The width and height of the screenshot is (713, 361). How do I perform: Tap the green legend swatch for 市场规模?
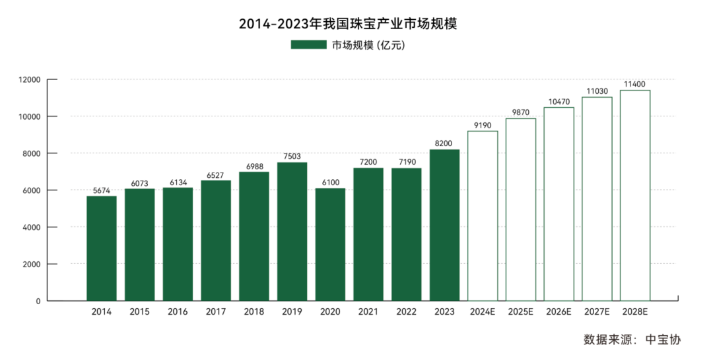[x=308, y=45]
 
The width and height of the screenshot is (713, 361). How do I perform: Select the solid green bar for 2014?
[x=102, y=248]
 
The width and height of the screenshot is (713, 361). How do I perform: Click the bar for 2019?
[x=292, y=231]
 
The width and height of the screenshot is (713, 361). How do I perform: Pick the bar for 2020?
[x=330, y=245]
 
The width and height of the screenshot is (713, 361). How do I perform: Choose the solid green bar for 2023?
[x=444, y=225]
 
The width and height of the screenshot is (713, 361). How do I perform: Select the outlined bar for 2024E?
[x=483, y=216]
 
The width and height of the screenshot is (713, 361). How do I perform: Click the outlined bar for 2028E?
[x=635, y=195]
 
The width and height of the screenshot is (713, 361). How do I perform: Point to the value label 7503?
[x=292, y=157]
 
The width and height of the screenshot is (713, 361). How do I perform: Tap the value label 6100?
[x=330, y=182]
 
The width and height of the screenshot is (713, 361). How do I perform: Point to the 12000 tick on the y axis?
[x=30, y=80]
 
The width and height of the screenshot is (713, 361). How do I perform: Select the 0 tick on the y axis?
[x=38, y=301]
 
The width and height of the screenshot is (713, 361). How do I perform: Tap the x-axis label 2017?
[x=216, y=311]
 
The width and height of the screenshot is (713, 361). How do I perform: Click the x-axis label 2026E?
[x=559, y=311]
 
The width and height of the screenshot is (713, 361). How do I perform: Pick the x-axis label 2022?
[x=406, y=311]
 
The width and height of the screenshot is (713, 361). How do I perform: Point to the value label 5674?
[x=102, y=190]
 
